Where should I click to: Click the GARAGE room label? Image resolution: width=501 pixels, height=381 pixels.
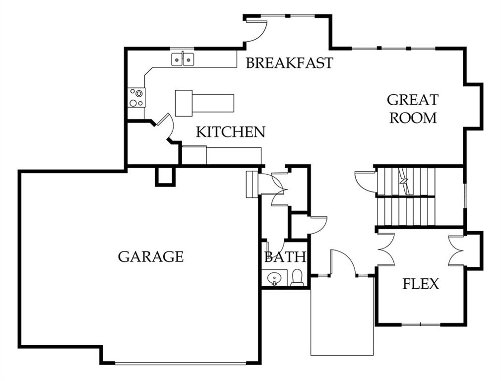[x=151, y=256]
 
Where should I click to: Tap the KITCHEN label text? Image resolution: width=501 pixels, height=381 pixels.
[x=231, y=132]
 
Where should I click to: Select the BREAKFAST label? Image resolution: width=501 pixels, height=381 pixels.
[x=289, y=63]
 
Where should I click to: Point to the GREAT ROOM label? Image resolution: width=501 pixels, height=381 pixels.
[x=413, y=109]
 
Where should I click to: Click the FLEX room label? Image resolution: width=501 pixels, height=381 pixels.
[x=421, y=284]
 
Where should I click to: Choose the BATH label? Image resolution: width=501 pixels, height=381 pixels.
[x=285, y=257]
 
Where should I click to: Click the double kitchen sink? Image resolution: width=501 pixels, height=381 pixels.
[x=183, y=60]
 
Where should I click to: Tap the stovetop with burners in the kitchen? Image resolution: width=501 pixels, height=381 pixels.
[x=136, y=97]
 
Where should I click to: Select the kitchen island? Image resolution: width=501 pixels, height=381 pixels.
[x=204, y=103]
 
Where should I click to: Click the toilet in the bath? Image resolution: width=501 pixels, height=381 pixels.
[x=297, y=278]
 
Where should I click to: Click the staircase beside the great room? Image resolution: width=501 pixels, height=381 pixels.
[x=406, y=196]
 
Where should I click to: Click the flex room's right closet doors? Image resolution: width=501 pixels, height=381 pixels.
[x=456, y=251]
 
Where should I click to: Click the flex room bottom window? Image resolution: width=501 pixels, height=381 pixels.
[x=420, y=324]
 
